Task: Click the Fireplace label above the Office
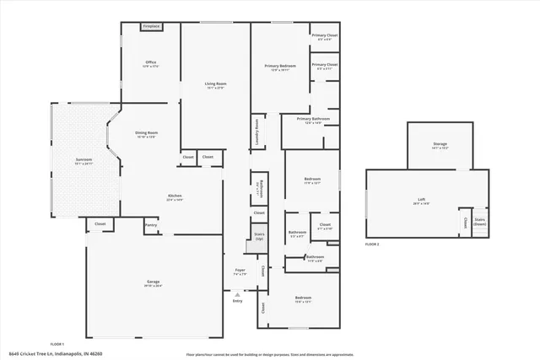coord(151,27)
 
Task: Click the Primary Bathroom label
coord(312,120)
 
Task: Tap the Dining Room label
coord(147,133)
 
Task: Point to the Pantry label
coord(151,225)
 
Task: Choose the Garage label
coord(154,282)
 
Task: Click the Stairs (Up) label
coord(259,236)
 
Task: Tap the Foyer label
coord(240,271)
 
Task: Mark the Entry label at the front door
coord(237,301)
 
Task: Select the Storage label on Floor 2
coord(440,144)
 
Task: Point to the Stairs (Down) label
coord(480,221)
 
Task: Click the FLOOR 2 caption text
coord(372,244)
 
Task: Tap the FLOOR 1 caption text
coord(57,344)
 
